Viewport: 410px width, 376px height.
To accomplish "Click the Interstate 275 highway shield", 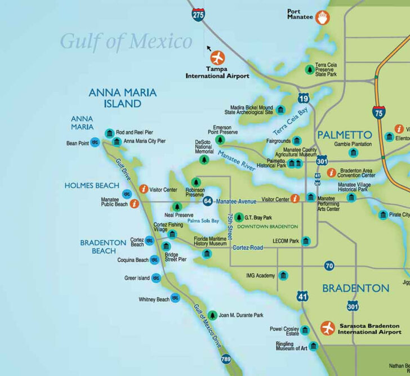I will (x=198, y=15).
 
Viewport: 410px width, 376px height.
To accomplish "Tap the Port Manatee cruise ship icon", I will (x=322, y=17).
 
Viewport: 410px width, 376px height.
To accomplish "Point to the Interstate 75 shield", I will (x=378, y=113).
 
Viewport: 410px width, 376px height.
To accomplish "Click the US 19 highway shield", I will (x=304, y=99).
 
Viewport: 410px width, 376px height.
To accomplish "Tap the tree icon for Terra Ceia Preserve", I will (x=309, y=70).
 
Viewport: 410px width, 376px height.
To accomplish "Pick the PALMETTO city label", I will (x=344, y=135).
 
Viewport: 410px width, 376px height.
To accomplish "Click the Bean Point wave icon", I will (x=95, y=143).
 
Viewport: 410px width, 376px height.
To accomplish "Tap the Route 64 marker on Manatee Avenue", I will (x=208, y=201).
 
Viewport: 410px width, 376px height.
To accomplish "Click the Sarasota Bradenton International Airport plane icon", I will (x=327, y=328).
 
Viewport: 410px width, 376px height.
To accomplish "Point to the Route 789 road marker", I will (x=226, y=359).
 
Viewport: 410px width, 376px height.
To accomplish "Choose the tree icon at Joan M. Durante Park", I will (x=212, y=315).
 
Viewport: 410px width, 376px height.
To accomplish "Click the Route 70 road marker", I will (x=329, y=266).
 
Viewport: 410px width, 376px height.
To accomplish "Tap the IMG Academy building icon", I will (x=283, y=275).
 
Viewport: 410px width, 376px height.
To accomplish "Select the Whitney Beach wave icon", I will (x=175, y=299).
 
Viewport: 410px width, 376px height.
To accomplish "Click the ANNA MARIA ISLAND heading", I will (x=122, y=99).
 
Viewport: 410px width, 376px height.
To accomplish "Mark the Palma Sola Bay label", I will (x=203, y=221).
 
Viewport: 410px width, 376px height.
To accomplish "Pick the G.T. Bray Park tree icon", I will (x=239, y=217).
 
